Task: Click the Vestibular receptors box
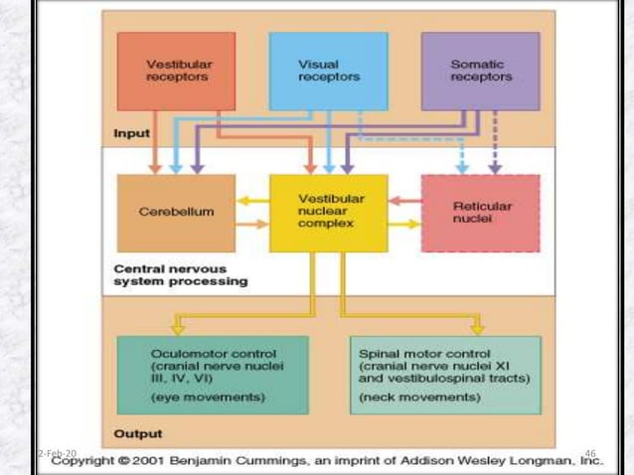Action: pyautogui.click(x=176, y=71)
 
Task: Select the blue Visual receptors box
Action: pyautogui.click(x=328, y=71)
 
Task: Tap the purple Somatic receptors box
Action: pyautogui.click(x=480, y=71)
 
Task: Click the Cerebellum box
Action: pyautogui.click(x=176, y=212)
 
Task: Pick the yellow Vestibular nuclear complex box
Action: pyautogui.click(x=328, y=212)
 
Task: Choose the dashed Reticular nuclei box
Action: pyautogui.click(x=480, y=212)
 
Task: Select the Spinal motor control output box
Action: pyautogui.click(x=445, y=374)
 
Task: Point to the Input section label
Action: pyautogui.click(x=132, y=133)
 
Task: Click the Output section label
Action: pyautogui.click(x=138, y=433)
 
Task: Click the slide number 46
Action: pyautogui.click(x=590, y=453)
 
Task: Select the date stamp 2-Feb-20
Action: pyautogui.click(x=57, y=453)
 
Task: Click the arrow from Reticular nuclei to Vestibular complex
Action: pyautogui.click(x=404, y=201)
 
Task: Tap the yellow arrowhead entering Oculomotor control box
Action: pyautogui.click(x=178, y=328)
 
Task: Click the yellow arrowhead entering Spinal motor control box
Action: pyautogui.click(x=478, y=328)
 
